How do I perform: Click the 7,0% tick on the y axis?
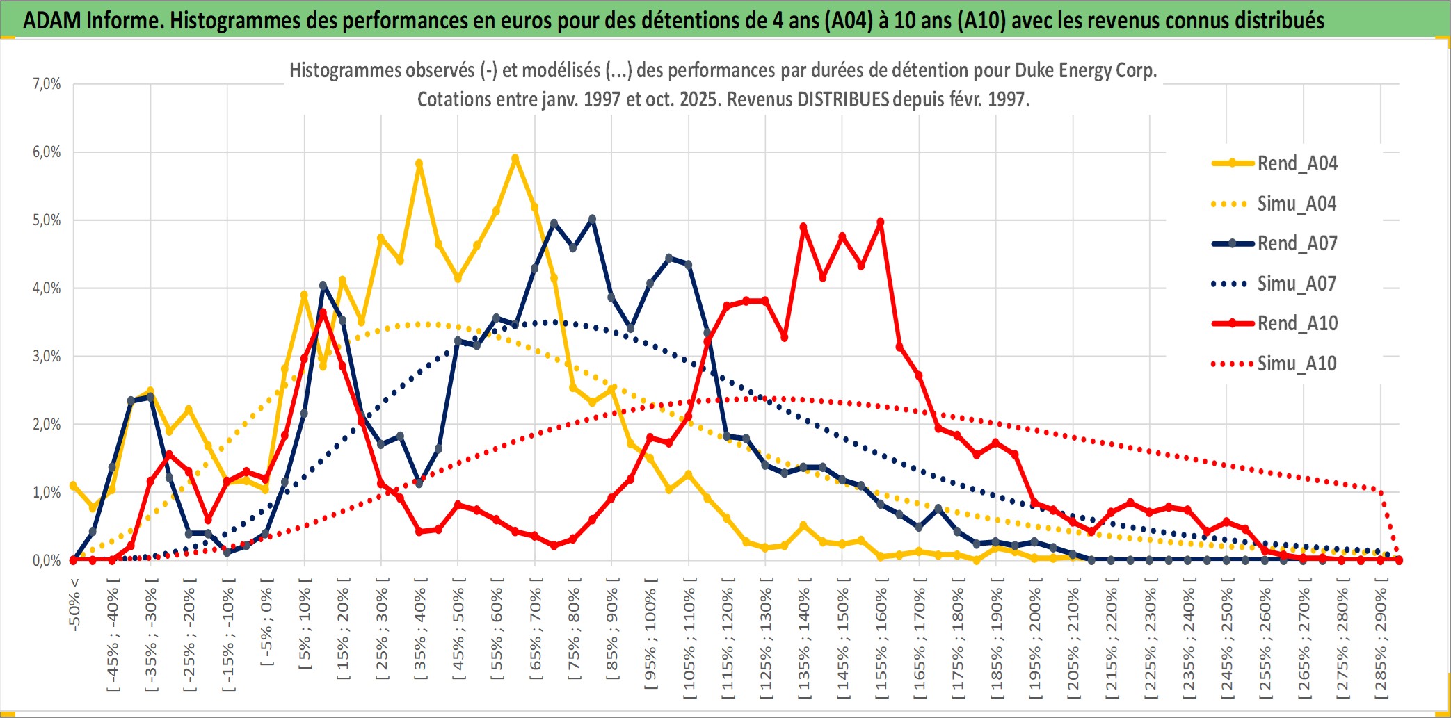(x=47, y=84)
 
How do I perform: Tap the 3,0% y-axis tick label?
(x=47, y=357)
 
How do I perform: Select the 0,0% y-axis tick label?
(x=47, y=560)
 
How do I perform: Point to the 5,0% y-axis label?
(x=47, y=220)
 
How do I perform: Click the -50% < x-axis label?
(x=74, y=605)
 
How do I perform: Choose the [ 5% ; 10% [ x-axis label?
(x=305, y=629)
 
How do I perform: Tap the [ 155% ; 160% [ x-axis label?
(x=881, y=639)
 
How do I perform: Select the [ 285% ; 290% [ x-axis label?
(x=1381, y=639)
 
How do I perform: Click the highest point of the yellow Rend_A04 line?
(x=515, y=158)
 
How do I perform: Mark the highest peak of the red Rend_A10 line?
(x=881, y=222)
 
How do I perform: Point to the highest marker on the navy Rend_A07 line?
(x=592, y=219)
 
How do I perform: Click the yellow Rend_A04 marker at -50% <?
(x=74, y=485)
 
